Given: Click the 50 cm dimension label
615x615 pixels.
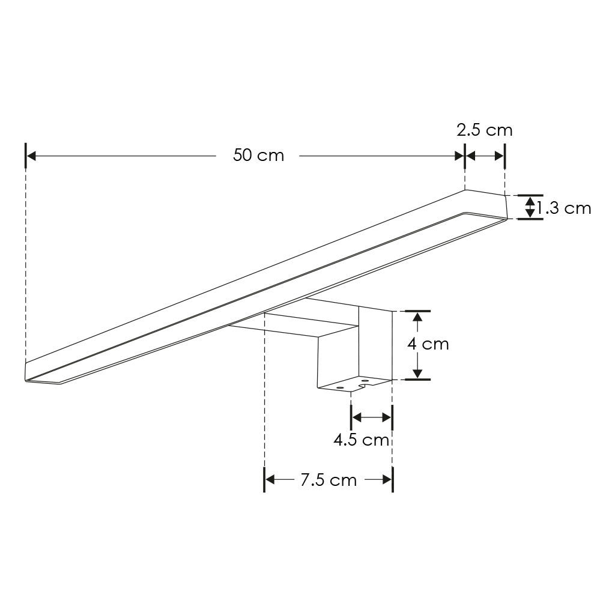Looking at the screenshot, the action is (258, 156).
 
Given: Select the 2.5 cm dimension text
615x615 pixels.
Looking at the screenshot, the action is (485, 130).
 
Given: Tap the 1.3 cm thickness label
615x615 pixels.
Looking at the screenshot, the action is (563, 208).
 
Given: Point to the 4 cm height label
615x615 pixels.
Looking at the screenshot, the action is (428, 344).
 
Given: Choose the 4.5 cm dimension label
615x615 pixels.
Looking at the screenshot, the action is (361, 440).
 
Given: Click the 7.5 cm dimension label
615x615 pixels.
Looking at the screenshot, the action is (329, 480).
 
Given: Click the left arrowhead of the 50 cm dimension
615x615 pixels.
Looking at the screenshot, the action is (31, 156).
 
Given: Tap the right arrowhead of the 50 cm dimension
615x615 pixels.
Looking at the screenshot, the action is (459, 156).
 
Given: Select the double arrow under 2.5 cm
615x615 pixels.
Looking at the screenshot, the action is (485, 156).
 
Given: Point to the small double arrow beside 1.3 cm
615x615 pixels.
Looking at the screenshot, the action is (530, 207).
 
